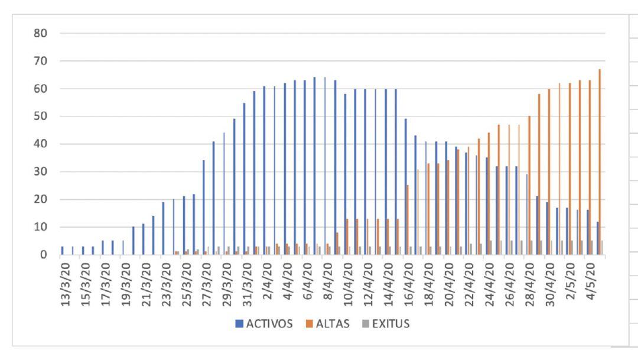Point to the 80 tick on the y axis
[x=40, y=33]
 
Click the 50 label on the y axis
[x=40, y=116]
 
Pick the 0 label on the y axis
[x=43, y=255]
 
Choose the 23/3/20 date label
[x=167, y=280]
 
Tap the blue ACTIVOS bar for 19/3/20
[x=123, y=247]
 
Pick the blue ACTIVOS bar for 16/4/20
[x=406, y=187]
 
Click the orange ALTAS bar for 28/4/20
[x=529, y=185]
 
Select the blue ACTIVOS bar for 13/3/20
[x=62, y=251]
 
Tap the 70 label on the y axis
[x=40, y=61]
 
